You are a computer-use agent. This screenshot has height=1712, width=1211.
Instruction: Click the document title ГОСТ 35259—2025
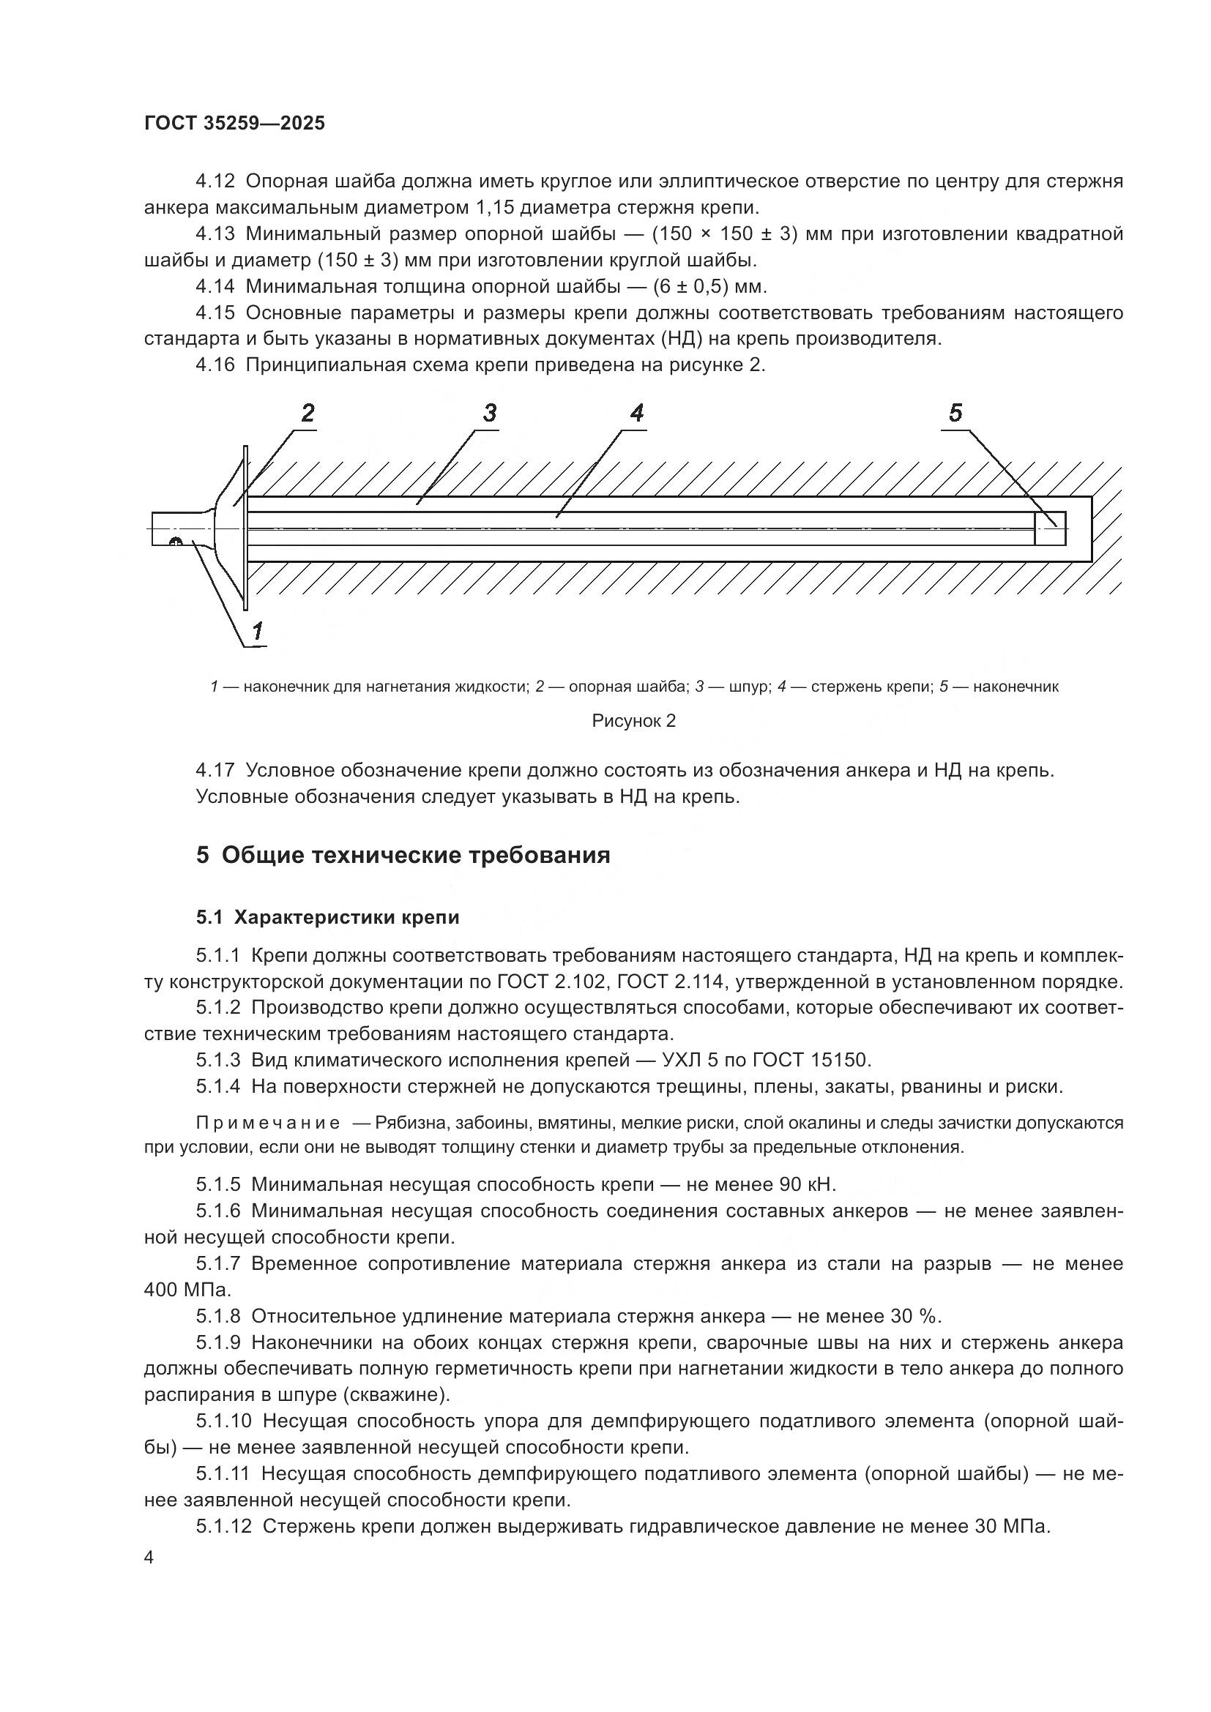pyautogui.click(x=235, y=124)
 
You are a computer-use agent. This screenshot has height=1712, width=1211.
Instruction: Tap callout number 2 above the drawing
pyautogui.click(x=308, y=413)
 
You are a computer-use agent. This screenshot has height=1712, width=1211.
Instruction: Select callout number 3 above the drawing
pyautogui.click(x=490, y=413)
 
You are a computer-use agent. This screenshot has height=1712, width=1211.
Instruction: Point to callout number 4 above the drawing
pyautogui.click(x=637, y=413)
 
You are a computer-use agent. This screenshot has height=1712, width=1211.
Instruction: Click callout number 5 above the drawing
pyautogui.click(x=956, y=413)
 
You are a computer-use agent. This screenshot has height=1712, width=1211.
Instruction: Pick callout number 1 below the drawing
pyautogui.click(x=257, y=632)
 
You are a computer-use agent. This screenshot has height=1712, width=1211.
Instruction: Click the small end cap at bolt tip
pyautogui.click(x=1051, y=528)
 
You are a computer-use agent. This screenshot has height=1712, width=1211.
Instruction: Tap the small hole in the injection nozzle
pyautogui.click(x=176, y=541)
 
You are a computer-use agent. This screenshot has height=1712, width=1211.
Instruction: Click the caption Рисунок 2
pyautogui.click(x=634, y=721)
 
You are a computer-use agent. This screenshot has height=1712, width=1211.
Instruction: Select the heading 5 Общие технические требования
pyautogui.click(x=403, y=855)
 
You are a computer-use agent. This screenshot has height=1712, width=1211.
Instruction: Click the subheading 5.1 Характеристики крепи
pyautogui.click(x=328, y=917)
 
